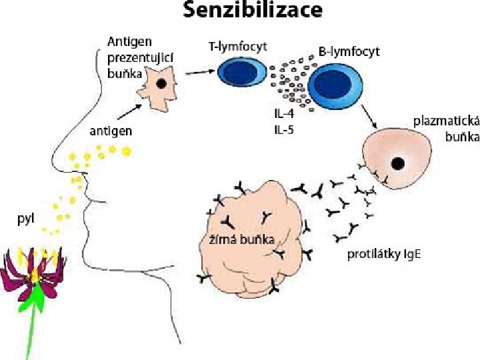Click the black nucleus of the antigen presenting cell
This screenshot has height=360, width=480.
[x=161, y=83]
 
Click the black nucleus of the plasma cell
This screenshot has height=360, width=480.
[x=397, y=163]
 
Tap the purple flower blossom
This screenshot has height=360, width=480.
[x=30, y=273]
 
